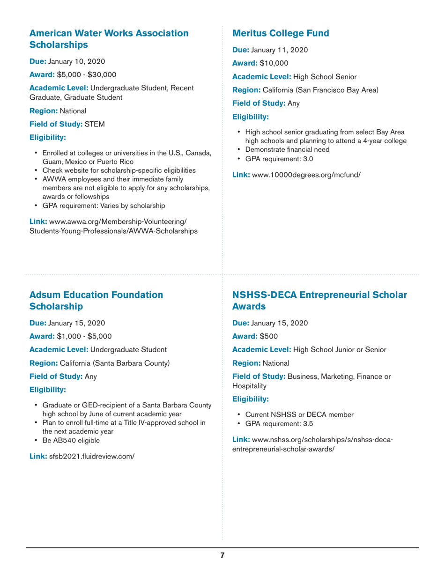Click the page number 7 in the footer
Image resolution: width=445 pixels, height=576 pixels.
[x=222, y=555]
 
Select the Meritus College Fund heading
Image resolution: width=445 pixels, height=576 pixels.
[x=281, y=33]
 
